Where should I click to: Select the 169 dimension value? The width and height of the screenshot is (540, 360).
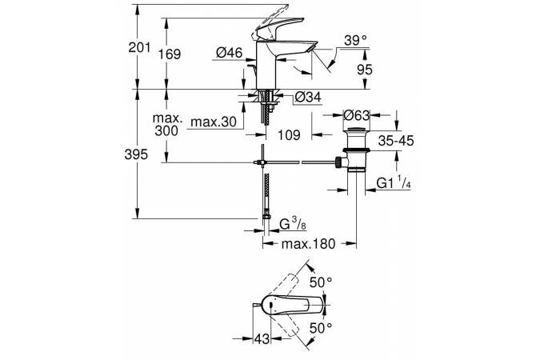tap(169, 54)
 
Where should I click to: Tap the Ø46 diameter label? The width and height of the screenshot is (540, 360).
tap(230, 53)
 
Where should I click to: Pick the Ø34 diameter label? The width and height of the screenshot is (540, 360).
tap(309, 98)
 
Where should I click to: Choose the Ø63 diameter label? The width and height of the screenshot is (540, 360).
tap(356, 116)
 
